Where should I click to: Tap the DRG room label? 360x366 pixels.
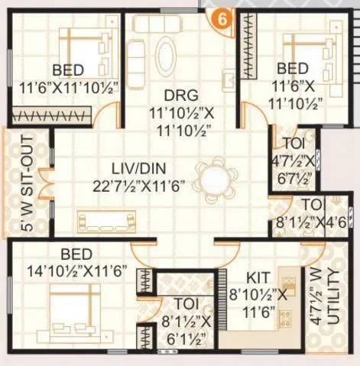181,96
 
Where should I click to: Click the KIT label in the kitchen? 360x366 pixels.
254,277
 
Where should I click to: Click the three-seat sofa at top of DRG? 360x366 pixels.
161,22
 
